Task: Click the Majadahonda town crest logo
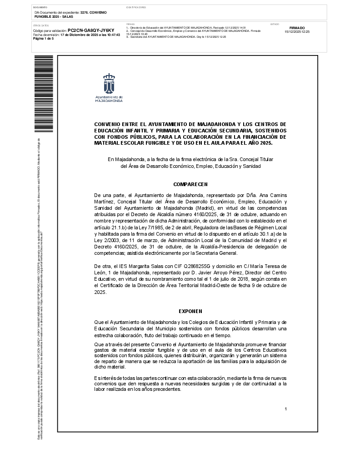(109, 83)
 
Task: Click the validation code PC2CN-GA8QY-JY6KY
(91, 30)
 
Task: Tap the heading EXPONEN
(190, 311)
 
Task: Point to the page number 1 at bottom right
(285, 409)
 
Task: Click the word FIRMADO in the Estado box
(297, 28)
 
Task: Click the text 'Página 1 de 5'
(44, 39)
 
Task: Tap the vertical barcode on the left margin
(44, 93)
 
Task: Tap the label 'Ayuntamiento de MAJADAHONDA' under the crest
(109, 99)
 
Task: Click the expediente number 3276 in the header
(85, 12)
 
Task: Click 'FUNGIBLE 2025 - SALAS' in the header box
(50, 16)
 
